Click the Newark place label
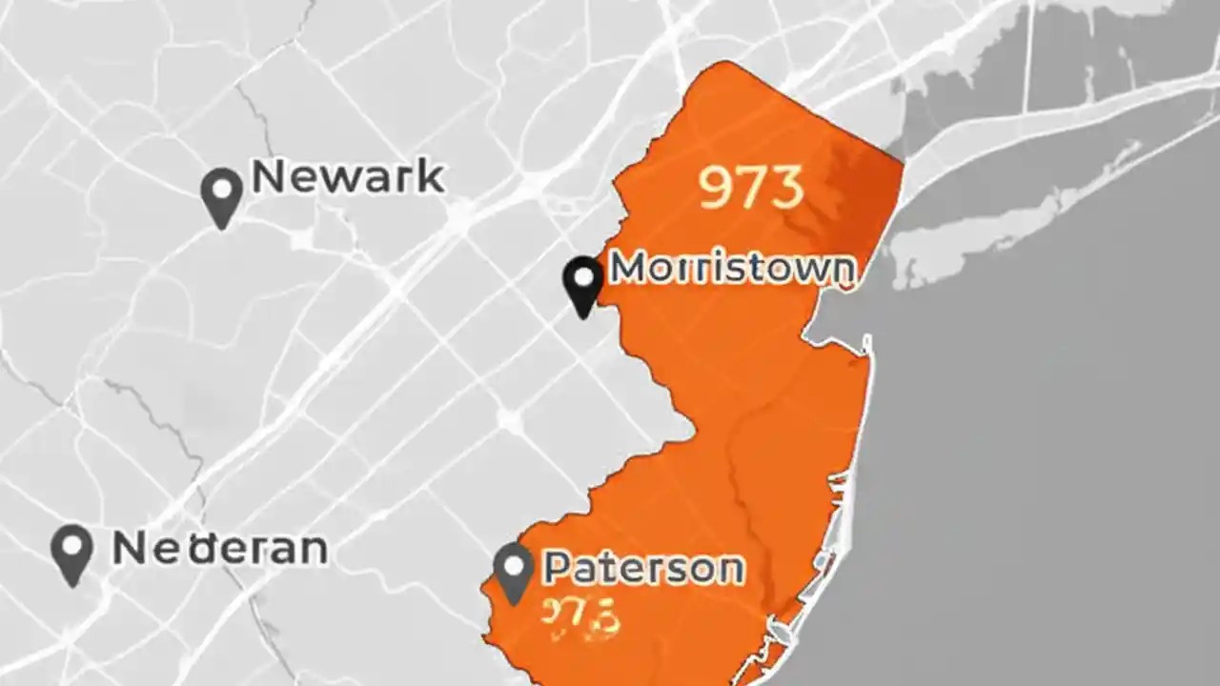[x=348, y=177]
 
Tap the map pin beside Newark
[x=222, y=195]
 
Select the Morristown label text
[x=732, y=269]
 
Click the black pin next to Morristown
[x=582, y=285]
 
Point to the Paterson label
[x=643, y=568]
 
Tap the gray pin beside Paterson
[x=514, y=572]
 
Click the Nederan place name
[x=220, y=549]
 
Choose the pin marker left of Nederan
[x=72, y=553]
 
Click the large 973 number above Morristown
[x=752, y=187]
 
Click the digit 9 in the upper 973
[x=717, y=187]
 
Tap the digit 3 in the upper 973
[x=787, y=187]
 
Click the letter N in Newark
[x=270, y=177]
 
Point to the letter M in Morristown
[x=629, y=269]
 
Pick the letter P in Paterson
[x=559, y=568]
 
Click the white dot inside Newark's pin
[x=222, y=187]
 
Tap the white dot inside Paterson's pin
[x=514, y=564]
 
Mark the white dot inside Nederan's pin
[x=72, y=544]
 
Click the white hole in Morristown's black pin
[x=582, y=277]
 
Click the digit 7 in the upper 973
[x=752, y=187]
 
